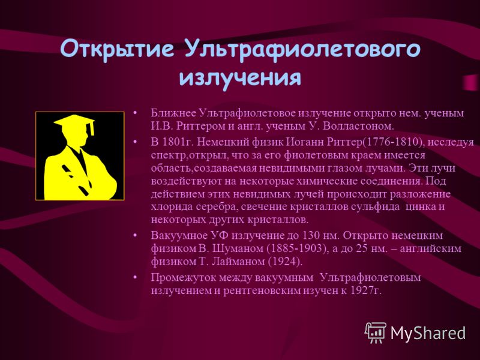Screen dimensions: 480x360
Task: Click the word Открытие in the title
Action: coord(117,49)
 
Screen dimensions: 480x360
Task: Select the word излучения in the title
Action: coord(240,77)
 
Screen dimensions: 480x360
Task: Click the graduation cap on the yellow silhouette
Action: coord(74,124)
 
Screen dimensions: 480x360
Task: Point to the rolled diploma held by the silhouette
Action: coord(77,181)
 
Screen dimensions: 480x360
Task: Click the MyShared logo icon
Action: coord(376,332)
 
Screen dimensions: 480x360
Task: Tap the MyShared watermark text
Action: coord(428,333)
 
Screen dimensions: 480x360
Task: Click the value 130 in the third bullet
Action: coord(311,235)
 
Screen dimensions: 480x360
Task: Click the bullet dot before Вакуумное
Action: coord(135,236)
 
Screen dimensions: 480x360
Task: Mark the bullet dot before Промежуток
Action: coord(135,278)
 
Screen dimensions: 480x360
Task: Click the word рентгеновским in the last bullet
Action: coord(262,291)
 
